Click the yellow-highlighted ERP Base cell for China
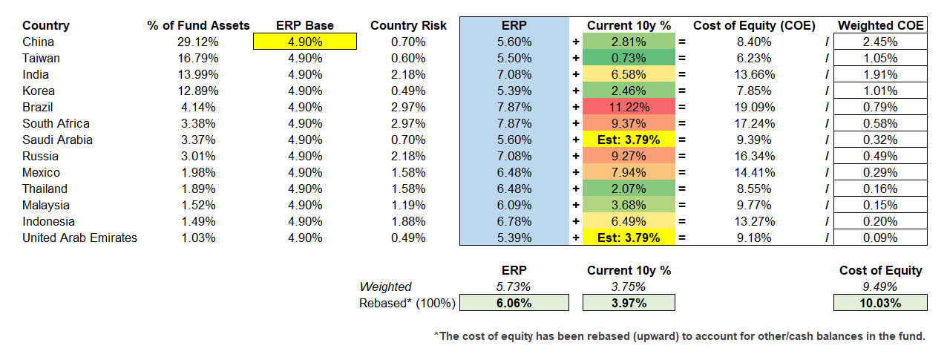[x=305, y=42]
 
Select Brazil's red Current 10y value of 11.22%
[x=629, y=107]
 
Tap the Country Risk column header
[x=408, y=25]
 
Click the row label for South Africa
[x=56, y=123]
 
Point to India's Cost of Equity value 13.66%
[x=754, y=74]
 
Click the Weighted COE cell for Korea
[x=880, y=91]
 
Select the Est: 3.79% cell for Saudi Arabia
[x=629, y=140]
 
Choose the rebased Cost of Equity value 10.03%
[x=880, y=303]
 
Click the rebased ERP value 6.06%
[x=514, y=303]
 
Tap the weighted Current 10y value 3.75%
[x=629, y=287]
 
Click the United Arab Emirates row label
[x=79, y=238]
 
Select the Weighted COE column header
[x=880, y=25]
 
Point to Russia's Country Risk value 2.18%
[x=408, y=156]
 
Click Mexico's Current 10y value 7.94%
[x=629, y=172]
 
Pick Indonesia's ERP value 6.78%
[x=514, y=221]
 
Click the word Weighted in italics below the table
[x=385, y=287]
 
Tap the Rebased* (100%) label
[x=407, y=303]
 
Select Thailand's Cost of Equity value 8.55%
[x=754, y=189]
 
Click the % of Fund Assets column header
[x=199, y=25]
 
